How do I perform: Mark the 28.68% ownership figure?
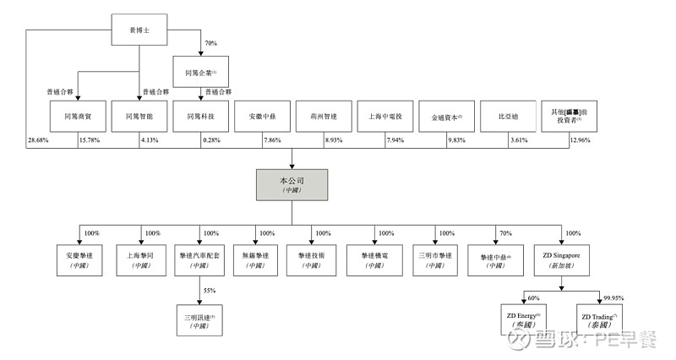click(38, 139)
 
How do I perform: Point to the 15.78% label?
click(90, 139)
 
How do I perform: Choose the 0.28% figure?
click(213, 139)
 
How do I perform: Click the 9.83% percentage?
click(457, 139)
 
